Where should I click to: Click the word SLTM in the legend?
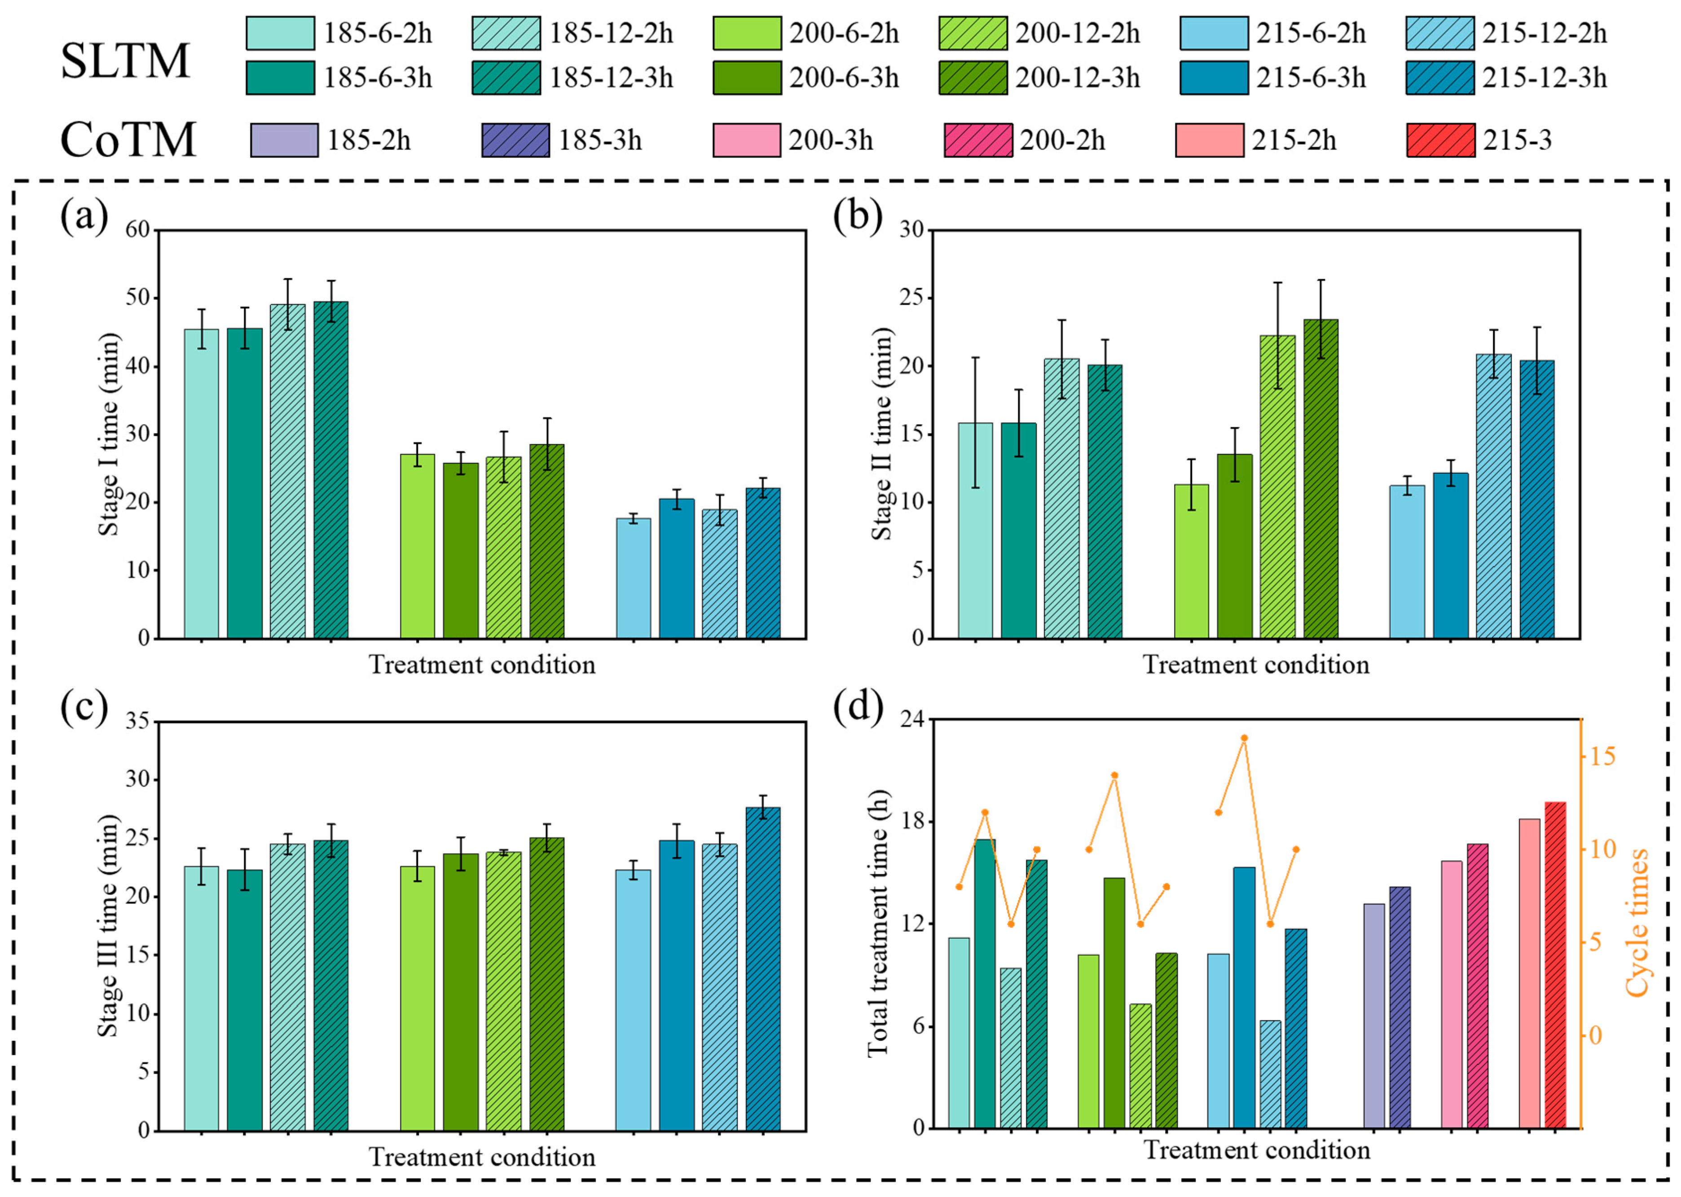(x=125, y=61)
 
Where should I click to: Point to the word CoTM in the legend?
(x=128, y=139)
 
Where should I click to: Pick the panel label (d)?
(x=858, y=708)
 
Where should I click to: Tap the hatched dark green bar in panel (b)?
(x=1320, y=478)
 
